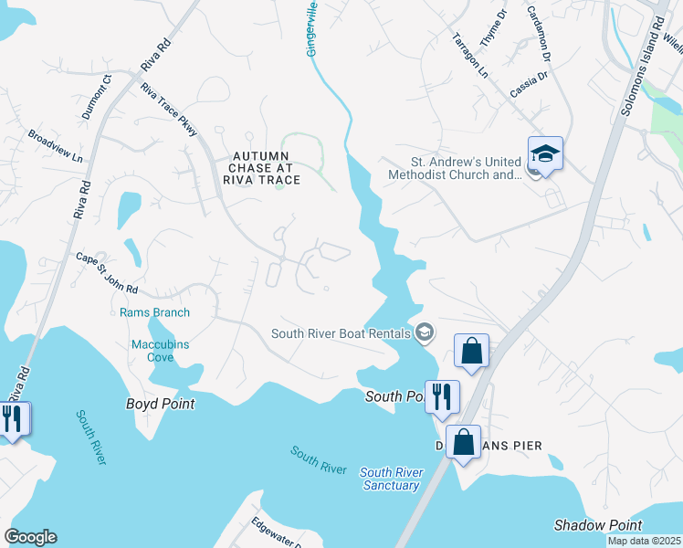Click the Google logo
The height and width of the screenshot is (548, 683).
[x=30, y=537]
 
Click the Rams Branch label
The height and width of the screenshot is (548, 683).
[x=155, y=312]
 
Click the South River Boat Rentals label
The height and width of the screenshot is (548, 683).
[x=341, y=333]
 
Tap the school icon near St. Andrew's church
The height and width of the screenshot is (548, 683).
[x=545, y=154]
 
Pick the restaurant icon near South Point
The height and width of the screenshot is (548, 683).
[x=442, y=396]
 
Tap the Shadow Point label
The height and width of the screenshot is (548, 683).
[x=598, y=525]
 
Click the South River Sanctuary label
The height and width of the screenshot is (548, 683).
[x=390, y=479]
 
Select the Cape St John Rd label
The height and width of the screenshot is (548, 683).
[x=106, y=273]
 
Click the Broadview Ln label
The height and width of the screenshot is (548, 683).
[x=55, y=145]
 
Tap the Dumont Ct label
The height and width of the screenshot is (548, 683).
[x=96, y=97]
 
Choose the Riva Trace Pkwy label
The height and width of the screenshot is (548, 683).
[x=170, y=110]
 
